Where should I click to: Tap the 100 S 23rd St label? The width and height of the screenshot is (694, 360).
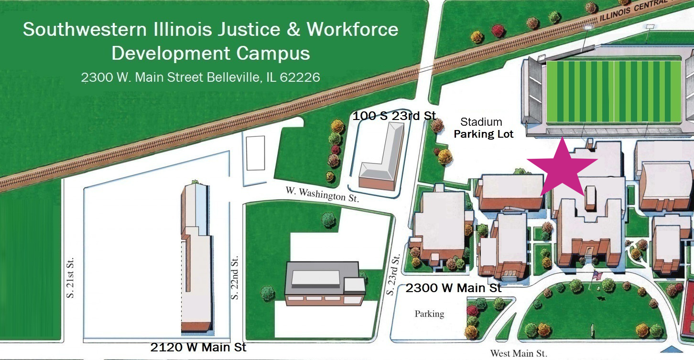394,116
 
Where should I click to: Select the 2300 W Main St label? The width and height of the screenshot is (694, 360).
454,288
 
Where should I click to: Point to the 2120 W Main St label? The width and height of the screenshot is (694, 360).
198,347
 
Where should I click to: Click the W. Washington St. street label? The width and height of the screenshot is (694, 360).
322,194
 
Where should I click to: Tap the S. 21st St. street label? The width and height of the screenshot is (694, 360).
71,282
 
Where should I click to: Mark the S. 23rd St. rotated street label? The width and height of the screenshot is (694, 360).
395,274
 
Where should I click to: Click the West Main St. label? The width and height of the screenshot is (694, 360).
519,354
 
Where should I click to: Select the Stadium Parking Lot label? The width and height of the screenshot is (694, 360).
483,128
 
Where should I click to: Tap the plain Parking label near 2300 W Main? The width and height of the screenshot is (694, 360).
429,314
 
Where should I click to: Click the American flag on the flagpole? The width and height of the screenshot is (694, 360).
597,276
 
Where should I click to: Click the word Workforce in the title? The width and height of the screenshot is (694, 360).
352,30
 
